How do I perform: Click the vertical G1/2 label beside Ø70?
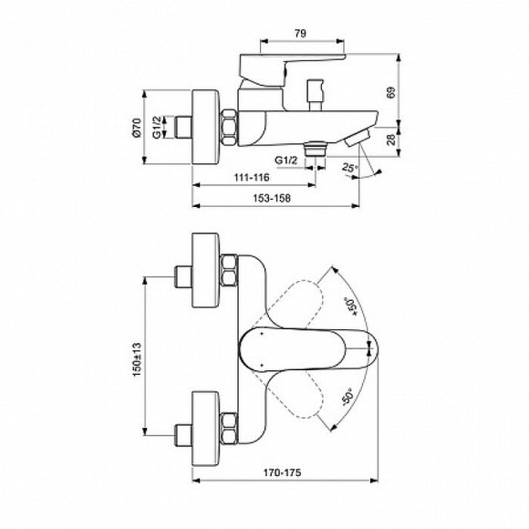point(156,128)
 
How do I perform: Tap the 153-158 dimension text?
point(272,202)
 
